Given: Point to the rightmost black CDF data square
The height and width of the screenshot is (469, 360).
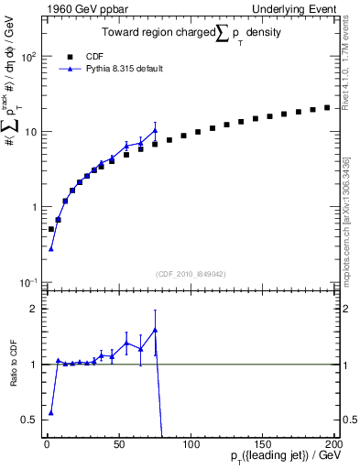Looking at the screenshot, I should [x=327, y=107].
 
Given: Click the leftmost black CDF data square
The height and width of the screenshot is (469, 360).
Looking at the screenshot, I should [x=51, y=229].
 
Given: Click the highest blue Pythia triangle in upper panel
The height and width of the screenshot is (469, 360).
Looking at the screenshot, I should [x=156, y=130].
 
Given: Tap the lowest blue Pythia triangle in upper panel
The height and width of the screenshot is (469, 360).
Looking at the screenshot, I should [x=51, y=248].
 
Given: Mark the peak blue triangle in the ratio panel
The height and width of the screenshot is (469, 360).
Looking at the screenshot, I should [x=156, y=330].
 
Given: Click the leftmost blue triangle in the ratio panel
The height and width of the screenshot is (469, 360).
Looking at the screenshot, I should [x=51, y=413].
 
